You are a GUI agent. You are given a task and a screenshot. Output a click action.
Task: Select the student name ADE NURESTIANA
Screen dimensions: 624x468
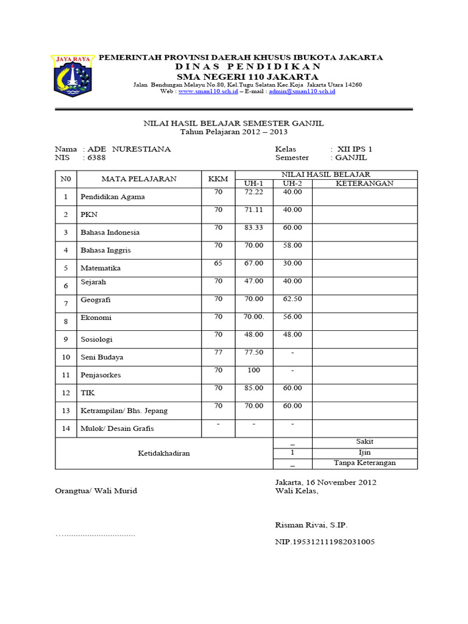coord(129,149)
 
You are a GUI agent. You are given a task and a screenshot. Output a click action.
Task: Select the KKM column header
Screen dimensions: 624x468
coord(218,179)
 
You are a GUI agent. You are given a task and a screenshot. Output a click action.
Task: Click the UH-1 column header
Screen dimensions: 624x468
coord(253,183)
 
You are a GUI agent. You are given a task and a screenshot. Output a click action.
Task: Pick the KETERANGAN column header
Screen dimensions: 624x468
coord(364,183)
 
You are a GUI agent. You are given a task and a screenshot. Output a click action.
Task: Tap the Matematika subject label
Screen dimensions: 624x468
coord(101,268)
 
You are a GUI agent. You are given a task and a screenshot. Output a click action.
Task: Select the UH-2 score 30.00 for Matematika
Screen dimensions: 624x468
coord(292,263)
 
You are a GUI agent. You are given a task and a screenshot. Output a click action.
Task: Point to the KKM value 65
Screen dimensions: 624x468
coord(218,263)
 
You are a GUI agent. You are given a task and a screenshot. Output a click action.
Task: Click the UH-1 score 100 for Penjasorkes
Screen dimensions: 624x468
coord(253,370)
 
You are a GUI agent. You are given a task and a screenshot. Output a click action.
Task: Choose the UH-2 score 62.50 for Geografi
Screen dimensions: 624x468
coord(292,299)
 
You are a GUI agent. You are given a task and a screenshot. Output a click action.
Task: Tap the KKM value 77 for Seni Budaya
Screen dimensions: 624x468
coord(218,352)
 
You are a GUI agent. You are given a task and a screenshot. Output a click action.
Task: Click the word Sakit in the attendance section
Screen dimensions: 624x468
coord(364,441)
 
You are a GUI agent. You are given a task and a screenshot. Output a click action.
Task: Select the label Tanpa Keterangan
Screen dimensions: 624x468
coord(364,463)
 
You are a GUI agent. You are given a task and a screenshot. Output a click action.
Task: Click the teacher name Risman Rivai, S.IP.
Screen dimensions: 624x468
coord(311,525)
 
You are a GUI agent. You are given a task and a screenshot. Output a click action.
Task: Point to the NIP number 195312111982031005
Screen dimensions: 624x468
coord(325,542)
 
